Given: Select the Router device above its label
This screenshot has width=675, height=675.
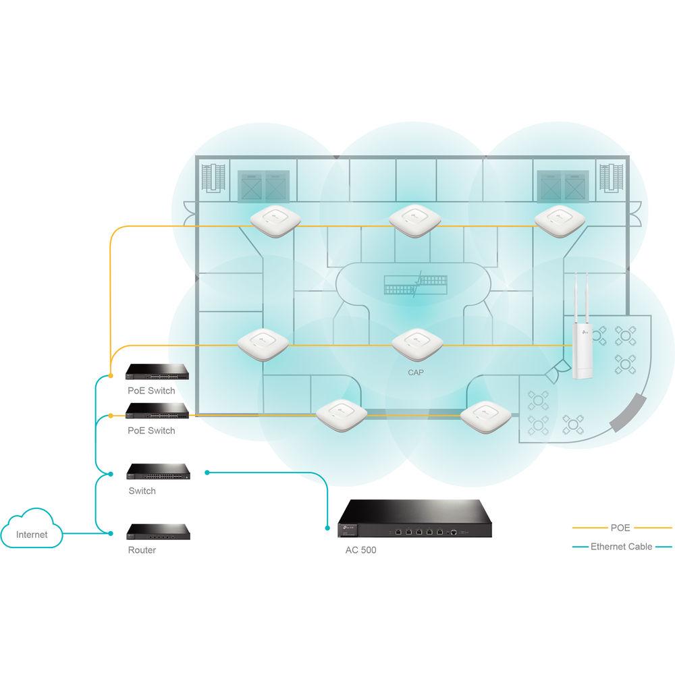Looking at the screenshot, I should [159, 532].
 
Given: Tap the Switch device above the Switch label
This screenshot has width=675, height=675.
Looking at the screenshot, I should [159, 471].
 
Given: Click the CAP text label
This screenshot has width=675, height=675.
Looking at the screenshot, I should [416, 372].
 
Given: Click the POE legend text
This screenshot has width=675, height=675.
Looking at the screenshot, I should [620, 528].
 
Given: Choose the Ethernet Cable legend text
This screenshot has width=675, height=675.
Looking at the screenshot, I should [621, 547].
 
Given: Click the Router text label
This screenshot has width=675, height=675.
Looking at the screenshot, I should [142, 550].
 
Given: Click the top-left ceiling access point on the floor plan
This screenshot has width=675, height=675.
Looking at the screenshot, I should [274, 220].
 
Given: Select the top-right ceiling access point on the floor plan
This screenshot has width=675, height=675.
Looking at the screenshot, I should [558, 220].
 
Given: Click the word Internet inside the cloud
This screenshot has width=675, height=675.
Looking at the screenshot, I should [32, 535].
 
